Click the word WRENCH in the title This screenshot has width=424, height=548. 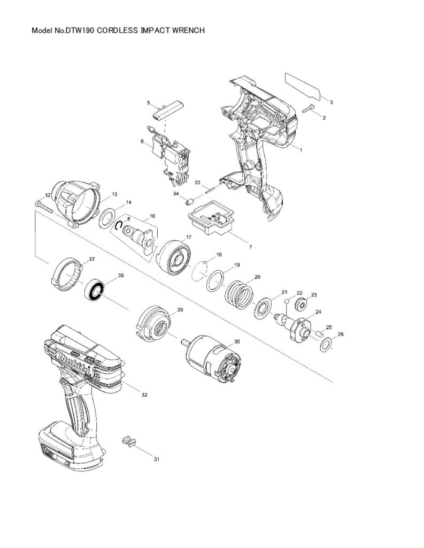pyautogui.click(x=188, y=31)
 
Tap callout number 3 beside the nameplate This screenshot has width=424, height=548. pyautogui.click(x=331, y=102)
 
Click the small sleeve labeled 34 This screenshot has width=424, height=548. pyautogui.click(x=190, y=202)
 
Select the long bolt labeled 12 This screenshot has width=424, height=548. pyautogui.click(x=44, y=207)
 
